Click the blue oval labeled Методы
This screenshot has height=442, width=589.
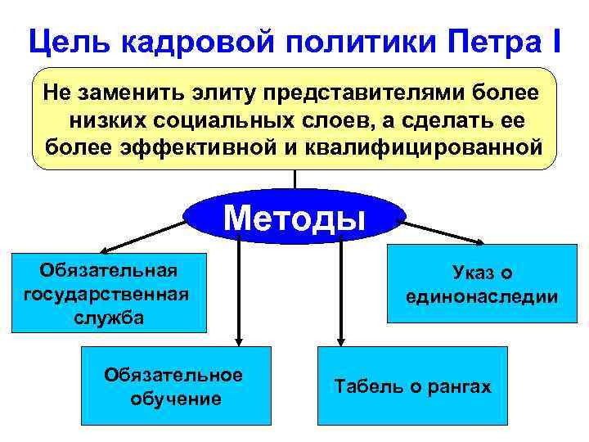point(294,217)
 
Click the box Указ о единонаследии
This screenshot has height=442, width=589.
point(482,285)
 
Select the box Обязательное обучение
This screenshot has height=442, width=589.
point(176,385)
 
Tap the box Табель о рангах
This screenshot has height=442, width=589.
point(412,385)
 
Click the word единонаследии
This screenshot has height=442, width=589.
point(482,297)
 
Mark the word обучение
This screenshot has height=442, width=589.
point(176,399)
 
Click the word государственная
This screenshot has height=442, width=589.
point(107,293)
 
